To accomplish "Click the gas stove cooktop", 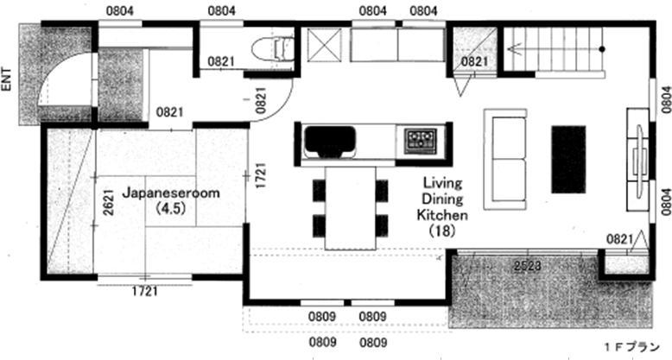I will point(422,140).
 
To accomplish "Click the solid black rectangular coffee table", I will point(568,159).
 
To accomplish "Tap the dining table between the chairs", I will point(350,208).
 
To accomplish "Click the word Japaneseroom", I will point(162,194).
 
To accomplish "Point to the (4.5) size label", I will point(162,209).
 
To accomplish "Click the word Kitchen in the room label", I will point(442,215).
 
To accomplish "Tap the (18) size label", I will point(442,231).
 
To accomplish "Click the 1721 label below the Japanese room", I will point(144,292).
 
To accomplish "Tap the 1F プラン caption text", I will point(631,347).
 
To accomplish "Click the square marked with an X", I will point(326,45).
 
